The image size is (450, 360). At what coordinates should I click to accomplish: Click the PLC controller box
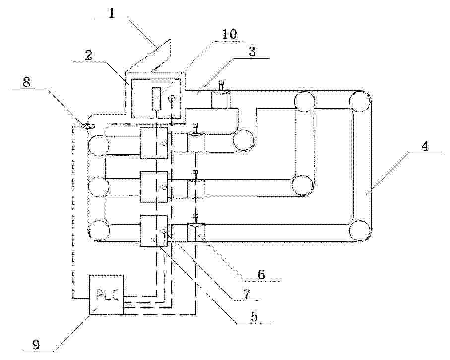(107, 295)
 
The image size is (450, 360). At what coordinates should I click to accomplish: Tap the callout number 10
(229, 34)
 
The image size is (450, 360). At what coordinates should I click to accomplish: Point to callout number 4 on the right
(425, 146)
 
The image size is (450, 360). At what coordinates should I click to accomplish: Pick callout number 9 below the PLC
(36, 345)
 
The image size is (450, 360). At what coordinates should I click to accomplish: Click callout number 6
(261, 275)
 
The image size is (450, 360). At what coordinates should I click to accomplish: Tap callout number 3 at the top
(252, 52)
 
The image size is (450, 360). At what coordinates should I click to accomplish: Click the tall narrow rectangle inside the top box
(156, 99)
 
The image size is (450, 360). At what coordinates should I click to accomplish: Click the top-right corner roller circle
(360, 101)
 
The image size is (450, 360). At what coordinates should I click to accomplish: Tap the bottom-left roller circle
(99, 231)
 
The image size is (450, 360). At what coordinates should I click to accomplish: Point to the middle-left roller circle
(99, 187)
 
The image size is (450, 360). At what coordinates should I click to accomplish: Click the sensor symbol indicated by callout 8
(86, 126)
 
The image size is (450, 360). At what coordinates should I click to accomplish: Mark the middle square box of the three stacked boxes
(154, 187)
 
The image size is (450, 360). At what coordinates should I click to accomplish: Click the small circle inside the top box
(172, 99)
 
